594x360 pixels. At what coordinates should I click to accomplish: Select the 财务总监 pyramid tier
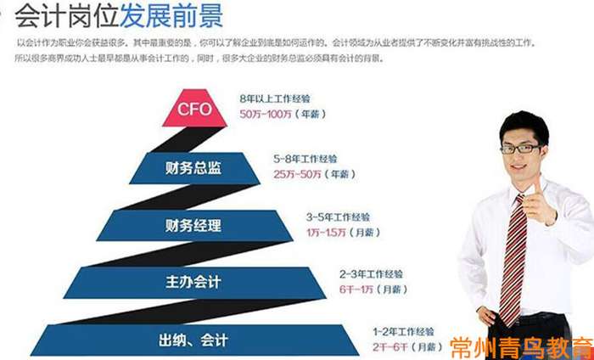pyautogui.click(x=193, y=167)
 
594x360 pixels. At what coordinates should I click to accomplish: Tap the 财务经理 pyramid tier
pyautogui.click(x=193, y=226)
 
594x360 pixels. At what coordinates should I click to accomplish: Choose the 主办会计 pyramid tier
pyautogui.click(x=193, y=283)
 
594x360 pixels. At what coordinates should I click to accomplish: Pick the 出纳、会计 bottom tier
pyautogui.click(x=193, y=340)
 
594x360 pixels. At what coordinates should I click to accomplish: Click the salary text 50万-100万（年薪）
pyautogui.click(x=283, y=114)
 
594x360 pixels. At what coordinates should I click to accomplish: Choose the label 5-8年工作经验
pyautogui.click(x=306, y=159)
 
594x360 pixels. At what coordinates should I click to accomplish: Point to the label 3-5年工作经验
pyautogui.click(x=339, y=217)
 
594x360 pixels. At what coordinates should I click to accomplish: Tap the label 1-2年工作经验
pyautogui.click(x=403, y=331)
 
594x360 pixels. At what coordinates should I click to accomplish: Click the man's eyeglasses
pyautogui.click(x=519, y=148)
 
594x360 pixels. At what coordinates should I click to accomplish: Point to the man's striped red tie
pyautogui.click(x=515, y=255)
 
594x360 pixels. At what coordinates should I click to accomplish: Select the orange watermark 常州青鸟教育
pyautogui.click(x=520, y=346)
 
